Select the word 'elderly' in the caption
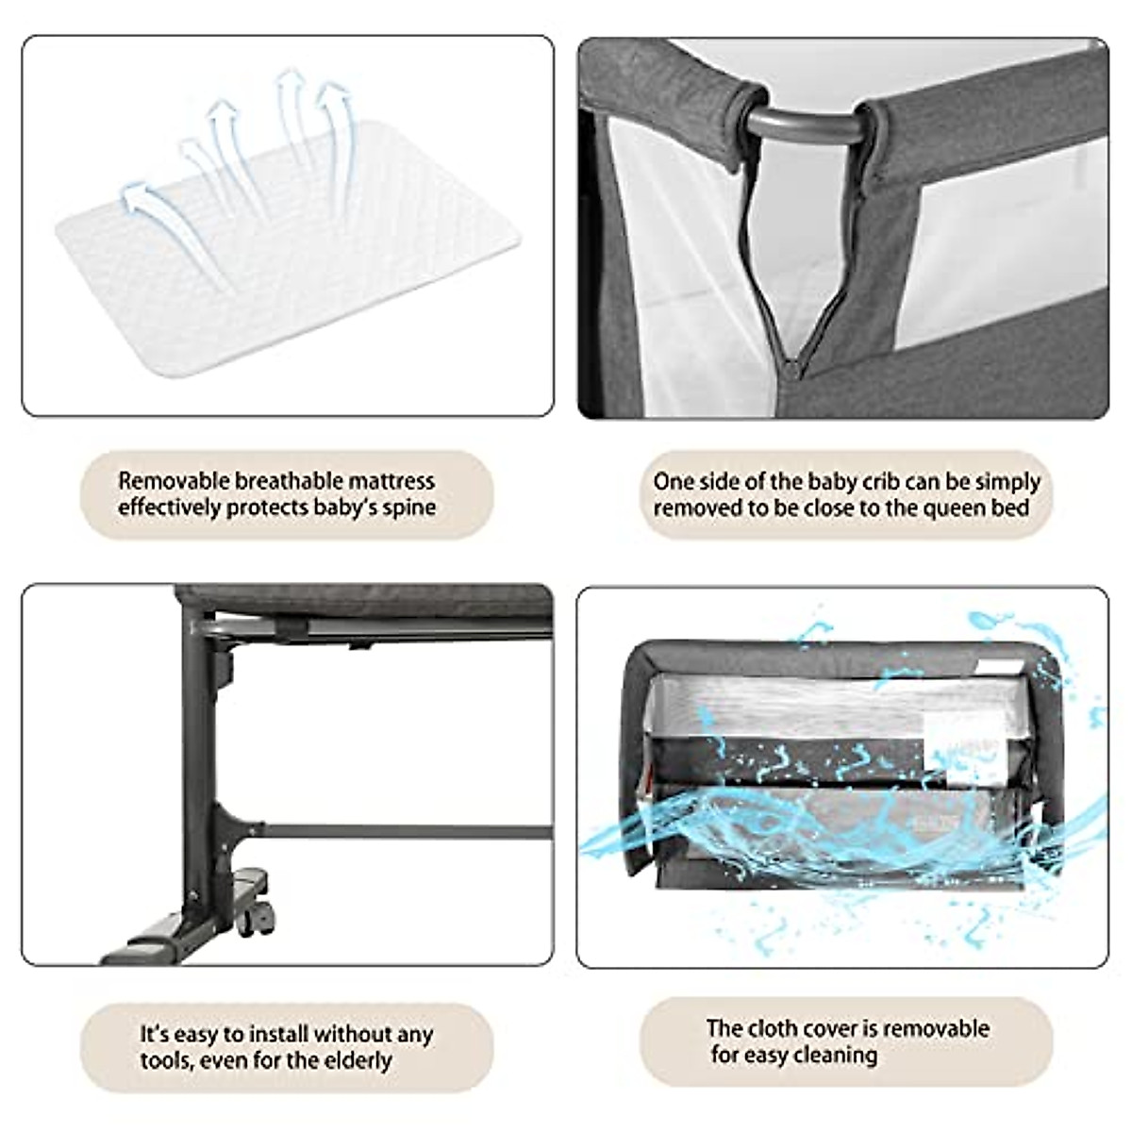tap(358, 1060)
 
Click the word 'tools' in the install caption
tap(166, 1060)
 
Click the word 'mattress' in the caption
tap(389, 481)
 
